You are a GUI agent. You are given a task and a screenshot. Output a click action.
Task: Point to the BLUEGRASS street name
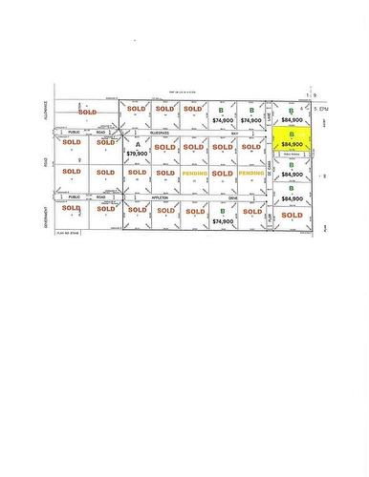coord(163,135)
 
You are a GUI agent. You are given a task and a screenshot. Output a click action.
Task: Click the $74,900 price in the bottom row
coord(223,220)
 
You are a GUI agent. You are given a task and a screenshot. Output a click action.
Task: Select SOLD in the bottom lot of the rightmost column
coord(293,216)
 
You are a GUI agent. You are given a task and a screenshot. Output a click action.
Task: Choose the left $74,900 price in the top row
coord(223,121)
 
